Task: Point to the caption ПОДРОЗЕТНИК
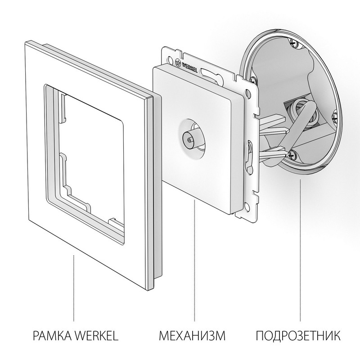(x=298, y=336)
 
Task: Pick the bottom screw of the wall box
(x=292, y=153)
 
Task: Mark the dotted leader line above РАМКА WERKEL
(x=73, y=288)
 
